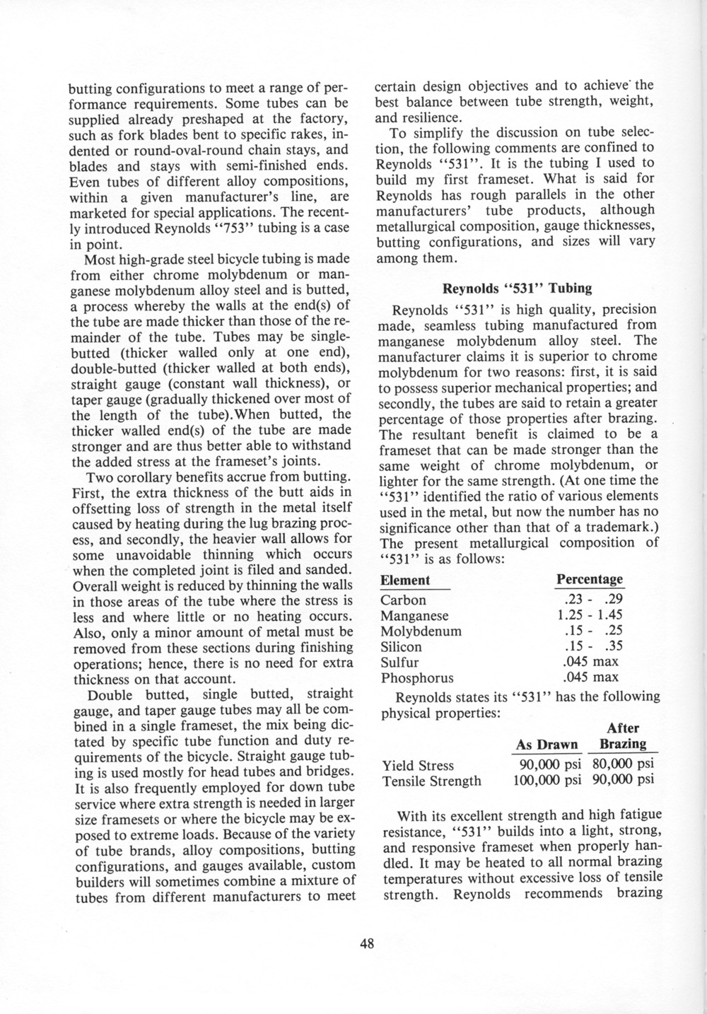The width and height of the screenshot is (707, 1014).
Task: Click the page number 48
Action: pos(366,943)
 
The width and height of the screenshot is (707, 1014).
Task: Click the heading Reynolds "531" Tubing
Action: pos(517,289)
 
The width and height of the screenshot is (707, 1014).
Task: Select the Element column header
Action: pos(405,581)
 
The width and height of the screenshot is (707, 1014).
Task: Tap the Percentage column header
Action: pos(590,579)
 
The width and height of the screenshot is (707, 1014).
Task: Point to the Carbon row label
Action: pos(403,600)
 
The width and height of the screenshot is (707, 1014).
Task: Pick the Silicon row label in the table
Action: pos(401,646)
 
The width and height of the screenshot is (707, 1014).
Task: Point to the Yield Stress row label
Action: pos(418,765)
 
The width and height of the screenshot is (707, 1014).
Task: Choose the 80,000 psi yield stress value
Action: pos(623,765)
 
